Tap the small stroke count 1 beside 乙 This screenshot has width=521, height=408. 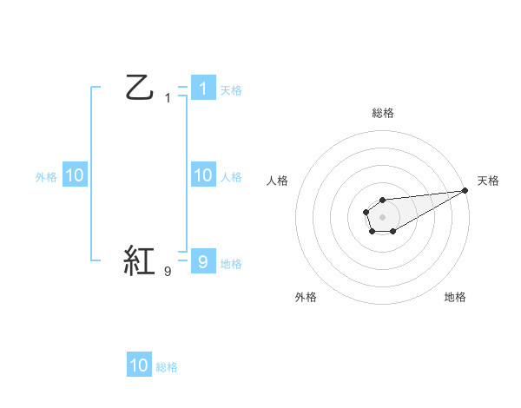click(x=168, y=98)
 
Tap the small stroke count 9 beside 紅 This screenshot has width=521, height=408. click(x=168, y=272)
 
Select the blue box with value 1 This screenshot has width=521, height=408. click(x=202, y=88)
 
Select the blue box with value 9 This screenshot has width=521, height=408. click(x=202, y=261)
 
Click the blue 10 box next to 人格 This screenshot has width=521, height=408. click(x=202, y=175)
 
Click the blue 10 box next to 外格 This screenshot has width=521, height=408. click(x=74, y=175)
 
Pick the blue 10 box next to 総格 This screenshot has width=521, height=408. click(x=139, y=365)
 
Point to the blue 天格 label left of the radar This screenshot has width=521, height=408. click(x=231, y=89)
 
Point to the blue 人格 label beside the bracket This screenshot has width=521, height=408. click(x=231, y=177)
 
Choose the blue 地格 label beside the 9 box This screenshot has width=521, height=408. click(x=231, y=263)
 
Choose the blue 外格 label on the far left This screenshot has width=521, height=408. click(x=46, y=177)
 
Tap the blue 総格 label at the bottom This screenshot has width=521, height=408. click(x=167, y=367)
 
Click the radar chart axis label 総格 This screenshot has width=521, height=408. click(x=383, y=113)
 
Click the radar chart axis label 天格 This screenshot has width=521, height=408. click(x=488, y=181)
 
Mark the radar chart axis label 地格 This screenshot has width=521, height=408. click(x=455, y=297)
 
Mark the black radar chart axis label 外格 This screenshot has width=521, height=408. click(x=306, y=297)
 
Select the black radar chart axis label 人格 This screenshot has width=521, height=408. click(x=278, y=181)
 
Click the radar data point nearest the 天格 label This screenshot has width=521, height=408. click(x=465, y=190)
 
